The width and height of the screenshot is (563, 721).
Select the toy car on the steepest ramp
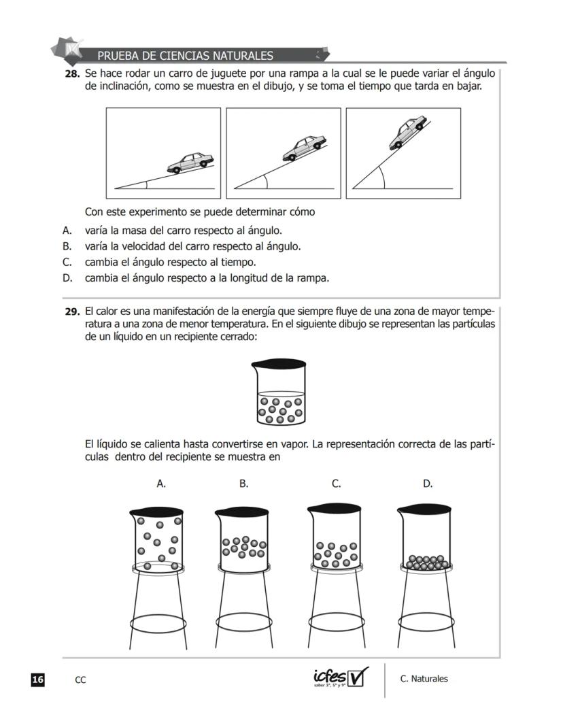(407, 131)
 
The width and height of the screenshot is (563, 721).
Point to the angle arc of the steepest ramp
(382, 178)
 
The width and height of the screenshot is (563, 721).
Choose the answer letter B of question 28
(67, 246)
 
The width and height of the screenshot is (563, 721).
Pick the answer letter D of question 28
(67, 278)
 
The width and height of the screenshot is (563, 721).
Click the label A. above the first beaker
(161, 484)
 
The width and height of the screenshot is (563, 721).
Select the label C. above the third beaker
(336, 484)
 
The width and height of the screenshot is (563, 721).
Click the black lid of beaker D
(425, 509)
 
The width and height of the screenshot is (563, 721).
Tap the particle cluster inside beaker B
(243, 546)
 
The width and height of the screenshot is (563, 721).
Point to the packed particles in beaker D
(425, 562)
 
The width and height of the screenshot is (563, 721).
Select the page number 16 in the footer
(38, 679)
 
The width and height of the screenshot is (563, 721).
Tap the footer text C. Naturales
(424, 679)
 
